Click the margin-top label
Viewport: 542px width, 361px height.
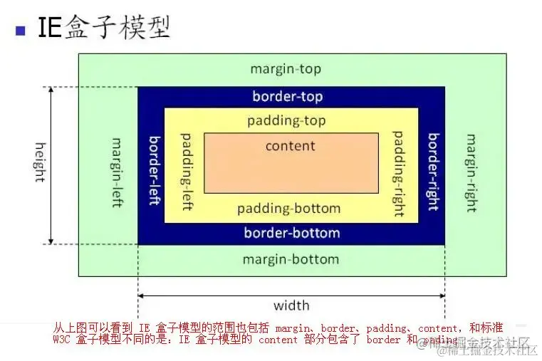286,69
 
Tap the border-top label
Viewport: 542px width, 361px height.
287,96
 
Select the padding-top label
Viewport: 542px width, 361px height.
286,120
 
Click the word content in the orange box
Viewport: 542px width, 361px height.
290,146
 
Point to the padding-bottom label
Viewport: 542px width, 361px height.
288,209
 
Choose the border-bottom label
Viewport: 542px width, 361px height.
292,233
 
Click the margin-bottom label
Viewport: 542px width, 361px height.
291,258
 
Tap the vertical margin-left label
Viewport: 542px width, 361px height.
117,173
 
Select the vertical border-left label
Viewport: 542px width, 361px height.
152,170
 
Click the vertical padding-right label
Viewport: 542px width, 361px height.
398,173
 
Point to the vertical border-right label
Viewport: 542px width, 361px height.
432,172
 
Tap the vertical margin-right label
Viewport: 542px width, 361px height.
470,173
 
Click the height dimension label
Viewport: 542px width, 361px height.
40,162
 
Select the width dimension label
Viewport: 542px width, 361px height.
291,305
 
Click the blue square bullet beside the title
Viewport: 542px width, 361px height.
20,30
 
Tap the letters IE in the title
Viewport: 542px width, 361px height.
48,28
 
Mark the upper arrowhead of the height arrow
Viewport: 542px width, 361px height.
51,91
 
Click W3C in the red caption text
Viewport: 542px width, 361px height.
63,340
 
